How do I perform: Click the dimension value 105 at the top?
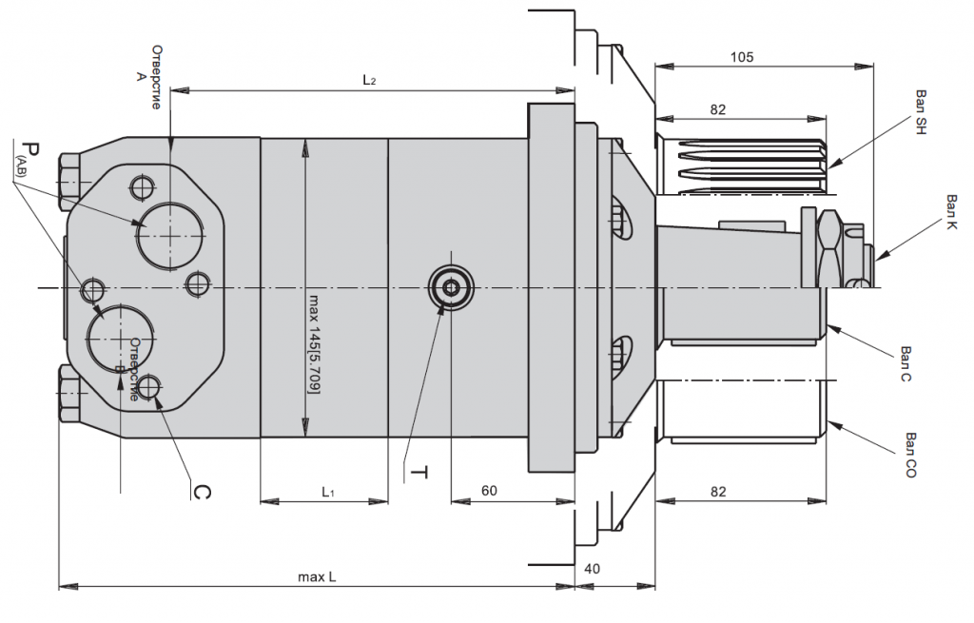pos(742,57)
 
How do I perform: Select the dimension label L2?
pos(370,81)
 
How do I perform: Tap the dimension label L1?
pos(327,492)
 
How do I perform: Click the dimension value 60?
pos(489,492)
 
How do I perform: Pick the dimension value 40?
pos(592,569)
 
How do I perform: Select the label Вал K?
pos(952,214)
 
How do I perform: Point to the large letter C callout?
pos(201,491)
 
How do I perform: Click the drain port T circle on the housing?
pos(449,287)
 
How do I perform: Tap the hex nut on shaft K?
pos(828,244)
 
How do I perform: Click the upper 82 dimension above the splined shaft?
pos(717,110)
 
